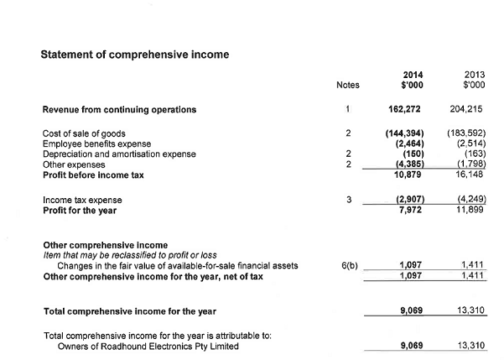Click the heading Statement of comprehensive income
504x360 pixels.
(x=135, y=55)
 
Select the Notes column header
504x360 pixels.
(x=347, y=85)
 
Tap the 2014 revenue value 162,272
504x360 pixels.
(x=406, y=109)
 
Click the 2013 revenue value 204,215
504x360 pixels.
(x=467, y=109)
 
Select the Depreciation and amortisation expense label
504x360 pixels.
(x=118, y=154)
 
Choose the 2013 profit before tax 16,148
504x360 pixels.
(x=470, y=174)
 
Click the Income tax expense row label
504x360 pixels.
(x=82, y=201)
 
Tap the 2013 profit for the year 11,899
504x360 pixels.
(x=470, y=211)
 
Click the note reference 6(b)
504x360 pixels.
(x=351, y=266)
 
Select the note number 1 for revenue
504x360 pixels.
(x=347, y=109)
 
